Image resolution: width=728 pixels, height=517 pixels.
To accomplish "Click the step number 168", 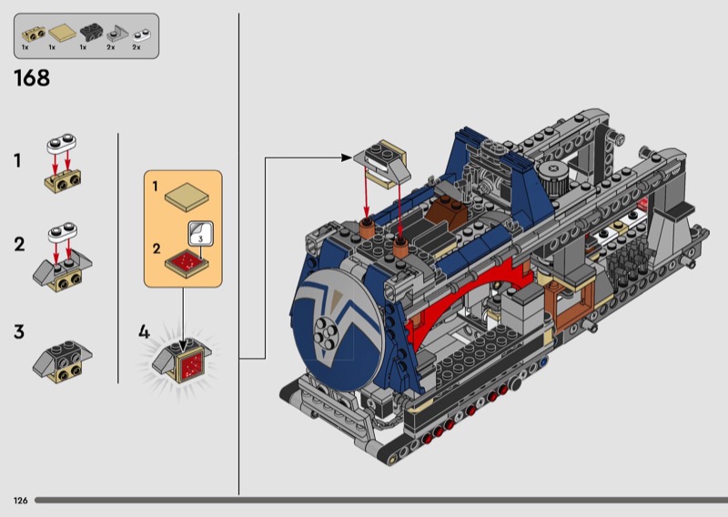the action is [x=32, y=78].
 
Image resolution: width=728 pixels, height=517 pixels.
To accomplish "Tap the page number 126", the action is [x=20, y=501].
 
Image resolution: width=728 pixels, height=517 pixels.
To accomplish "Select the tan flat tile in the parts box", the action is [x=63, y=33].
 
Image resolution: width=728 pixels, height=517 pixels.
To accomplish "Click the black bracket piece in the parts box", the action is [x=92, y=32].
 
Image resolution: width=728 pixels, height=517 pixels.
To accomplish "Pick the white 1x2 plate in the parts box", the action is [x=142, y=35].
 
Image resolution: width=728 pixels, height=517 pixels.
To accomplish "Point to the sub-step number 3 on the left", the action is [x=18, y=332].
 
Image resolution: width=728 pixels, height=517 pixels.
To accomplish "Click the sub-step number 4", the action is [x=144, y=332].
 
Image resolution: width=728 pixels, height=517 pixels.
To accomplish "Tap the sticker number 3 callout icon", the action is [x=200, y=233].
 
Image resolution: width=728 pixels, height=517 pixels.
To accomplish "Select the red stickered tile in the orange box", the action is [x=187, y=263].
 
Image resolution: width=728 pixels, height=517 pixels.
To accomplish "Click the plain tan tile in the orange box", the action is [x=187, y=197].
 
